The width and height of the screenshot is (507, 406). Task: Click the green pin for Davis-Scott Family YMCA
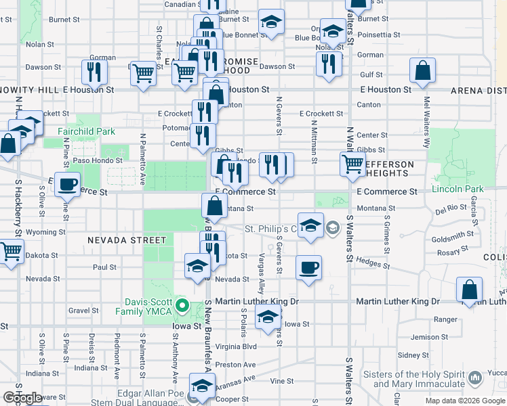point(182,307)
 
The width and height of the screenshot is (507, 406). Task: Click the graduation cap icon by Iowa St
point(268,316)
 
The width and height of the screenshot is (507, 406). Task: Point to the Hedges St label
point(371,263)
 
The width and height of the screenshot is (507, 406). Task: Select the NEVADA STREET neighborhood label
point(126,240)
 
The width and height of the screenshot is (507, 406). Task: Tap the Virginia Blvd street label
point(236,346)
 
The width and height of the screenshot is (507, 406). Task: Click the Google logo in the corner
point(23,398)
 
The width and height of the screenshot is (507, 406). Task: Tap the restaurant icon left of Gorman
point(94,72)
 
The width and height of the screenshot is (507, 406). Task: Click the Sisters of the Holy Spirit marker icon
point(475,375)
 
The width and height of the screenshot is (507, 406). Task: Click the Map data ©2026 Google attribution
point(465,401)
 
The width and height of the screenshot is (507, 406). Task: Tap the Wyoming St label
point(46,232)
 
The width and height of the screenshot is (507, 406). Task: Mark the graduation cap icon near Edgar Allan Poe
point(201,385)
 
